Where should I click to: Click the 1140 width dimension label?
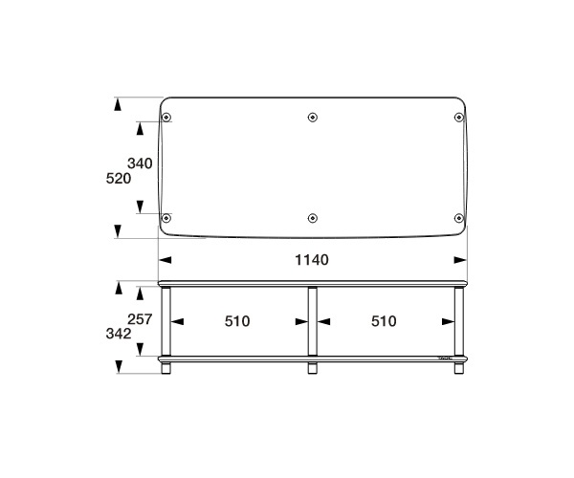tap(312, 260)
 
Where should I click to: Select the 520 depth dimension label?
tap(119, 179)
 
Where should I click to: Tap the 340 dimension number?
tap(140, 163)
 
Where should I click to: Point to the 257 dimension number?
tap(140, 319)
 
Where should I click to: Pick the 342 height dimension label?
tap(119, 334)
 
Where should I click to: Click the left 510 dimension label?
tap(237, 321)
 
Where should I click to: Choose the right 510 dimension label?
tap(384, 321)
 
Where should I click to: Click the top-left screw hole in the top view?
tap(166, 118)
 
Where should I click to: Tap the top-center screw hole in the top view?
tap(312, 118)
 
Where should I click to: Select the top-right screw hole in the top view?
tap(458, 118)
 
